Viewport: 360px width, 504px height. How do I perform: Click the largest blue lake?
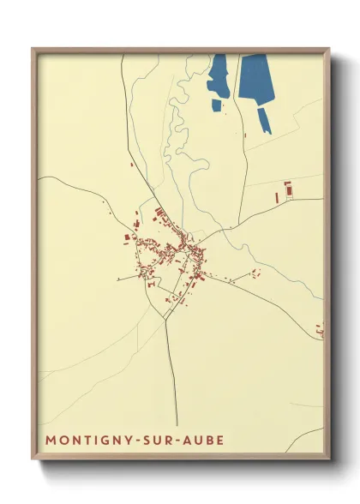[255, 77]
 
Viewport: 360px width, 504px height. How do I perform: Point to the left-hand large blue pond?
[218, 75]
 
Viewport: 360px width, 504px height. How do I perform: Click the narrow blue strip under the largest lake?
[265, 121]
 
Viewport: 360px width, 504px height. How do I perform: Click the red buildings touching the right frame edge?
[320, 329]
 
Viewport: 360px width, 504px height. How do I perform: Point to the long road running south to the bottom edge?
[173, 377]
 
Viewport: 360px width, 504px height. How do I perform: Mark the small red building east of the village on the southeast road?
[255, 273]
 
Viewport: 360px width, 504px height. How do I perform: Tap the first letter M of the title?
[50, 441]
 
